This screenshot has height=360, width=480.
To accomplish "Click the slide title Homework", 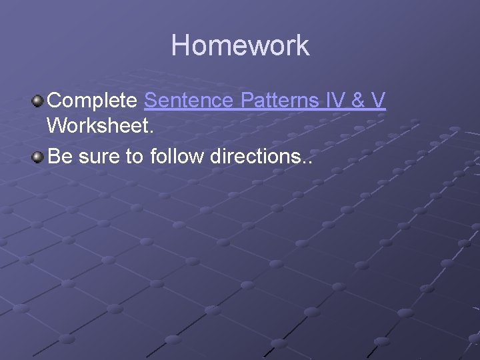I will click(x=240, y=45).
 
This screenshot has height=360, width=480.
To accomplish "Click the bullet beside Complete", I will click(x=38, y=101).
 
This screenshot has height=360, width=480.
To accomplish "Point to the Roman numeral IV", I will click(x=335, y=101).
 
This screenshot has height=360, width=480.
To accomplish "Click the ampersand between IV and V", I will click(x=359, y=101).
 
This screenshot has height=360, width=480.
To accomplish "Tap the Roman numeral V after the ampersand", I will click(x=379, y=101).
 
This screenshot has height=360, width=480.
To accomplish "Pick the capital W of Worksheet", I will click(x=57, y=125).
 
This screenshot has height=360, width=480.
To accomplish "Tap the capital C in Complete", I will click(x=55, y=101).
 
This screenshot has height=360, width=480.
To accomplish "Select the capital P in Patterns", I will click(x=245, y=101).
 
